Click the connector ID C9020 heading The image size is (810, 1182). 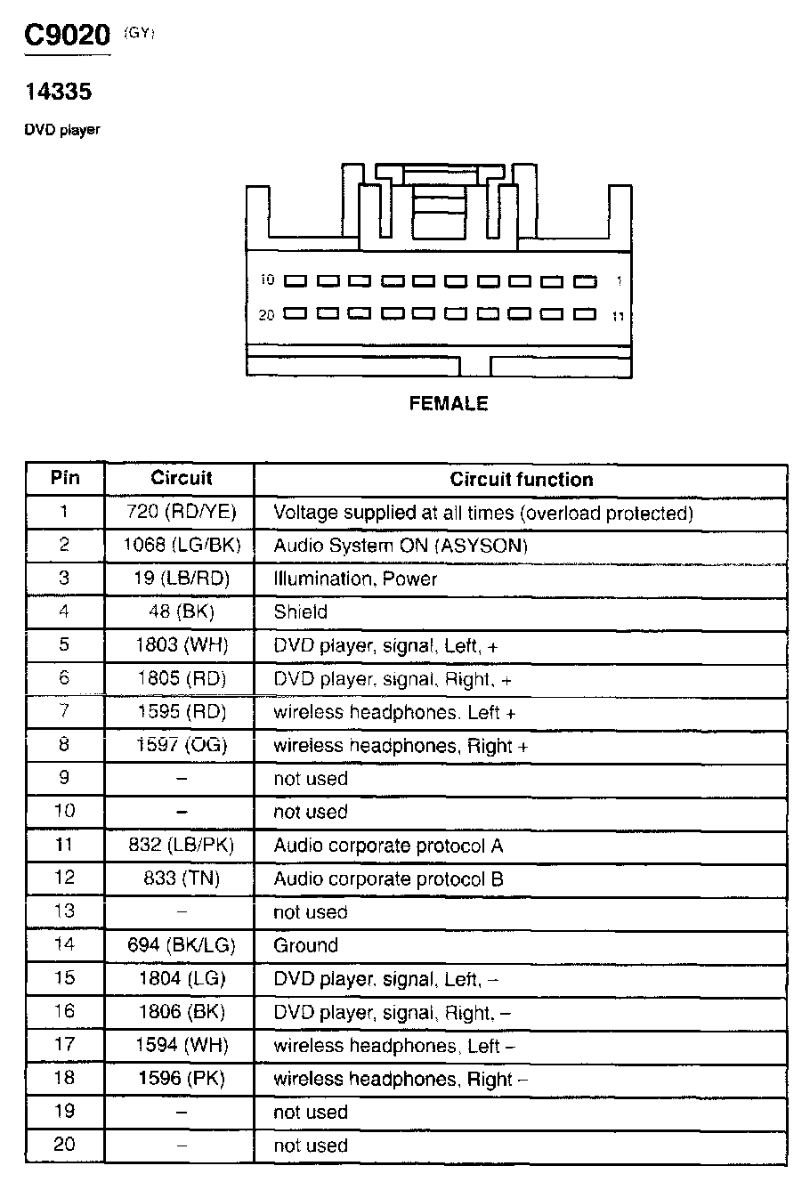[66, 36]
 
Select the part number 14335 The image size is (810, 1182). [58, 91]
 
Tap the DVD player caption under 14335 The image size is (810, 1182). [62, 130]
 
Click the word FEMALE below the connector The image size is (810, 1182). [449, 404]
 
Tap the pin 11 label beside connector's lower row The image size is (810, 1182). [618, 316]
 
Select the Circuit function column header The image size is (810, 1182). [521, 480]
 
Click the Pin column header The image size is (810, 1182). [64, 478]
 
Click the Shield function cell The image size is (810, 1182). [301, 612]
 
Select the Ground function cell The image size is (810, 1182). [306, 945]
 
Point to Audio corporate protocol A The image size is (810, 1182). [388, 846]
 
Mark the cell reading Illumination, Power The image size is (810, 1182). [356, 579]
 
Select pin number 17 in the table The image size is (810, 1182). [64, 1045]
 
